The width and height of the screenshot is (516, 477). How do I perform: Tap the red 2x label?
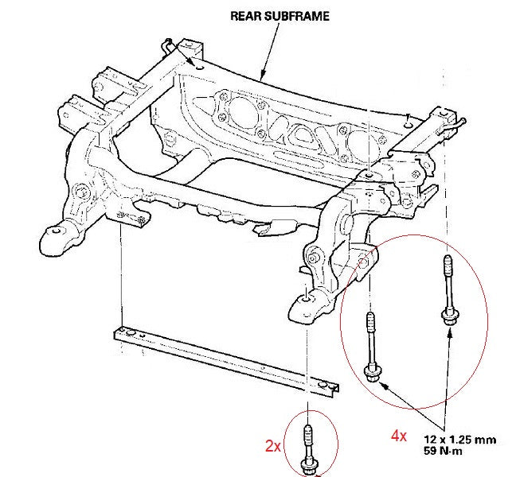[273, 446]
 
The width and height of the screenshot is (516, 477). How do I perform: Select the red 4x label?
[397, 436]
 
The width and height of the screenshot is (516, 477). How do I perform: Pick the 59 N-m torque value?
[444, 452]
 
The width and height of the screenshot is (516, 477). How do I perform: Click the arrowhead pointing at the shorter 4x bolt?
[385, 386]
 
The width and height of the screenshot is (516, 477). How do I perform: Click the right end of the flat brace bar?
[328, 390]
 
